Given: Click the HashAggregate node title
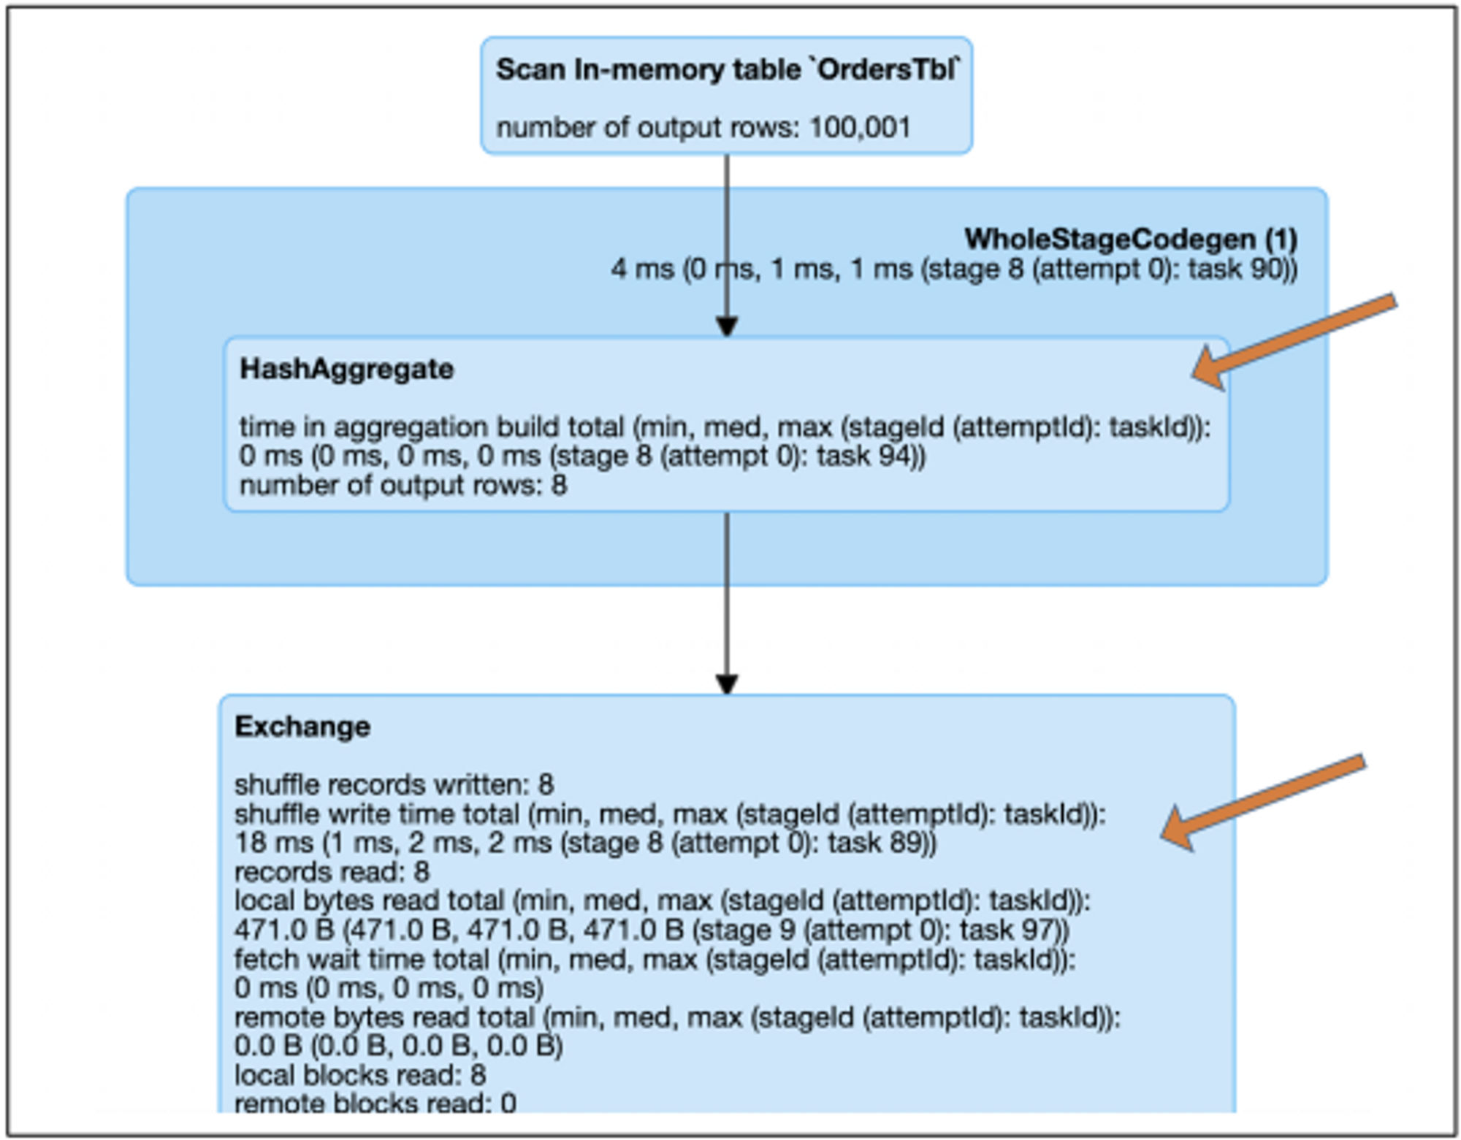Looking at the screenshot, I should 346,370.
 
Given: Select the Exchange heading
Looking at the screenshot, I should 302,727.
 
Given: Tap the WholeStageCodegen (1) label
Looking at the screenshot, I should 1130,240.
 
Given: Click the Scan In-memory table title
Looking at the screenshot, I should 727,70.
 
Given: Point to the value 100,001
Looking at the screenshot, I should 860,128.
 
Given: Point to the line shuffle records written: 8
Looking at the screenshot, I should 394,785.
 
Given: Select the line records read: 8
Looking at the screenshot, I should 332,872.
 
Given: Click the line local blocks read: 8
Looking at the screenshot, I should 359,1075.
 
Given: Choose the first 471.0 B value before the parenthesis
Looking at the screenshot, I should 283,930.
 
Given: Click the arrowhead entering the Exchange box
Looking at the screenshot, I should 726,684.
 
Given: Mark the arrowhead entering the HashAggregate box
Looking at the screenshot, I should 726,326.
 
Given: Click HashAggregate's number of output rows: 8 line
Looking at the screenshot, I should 403,486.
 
